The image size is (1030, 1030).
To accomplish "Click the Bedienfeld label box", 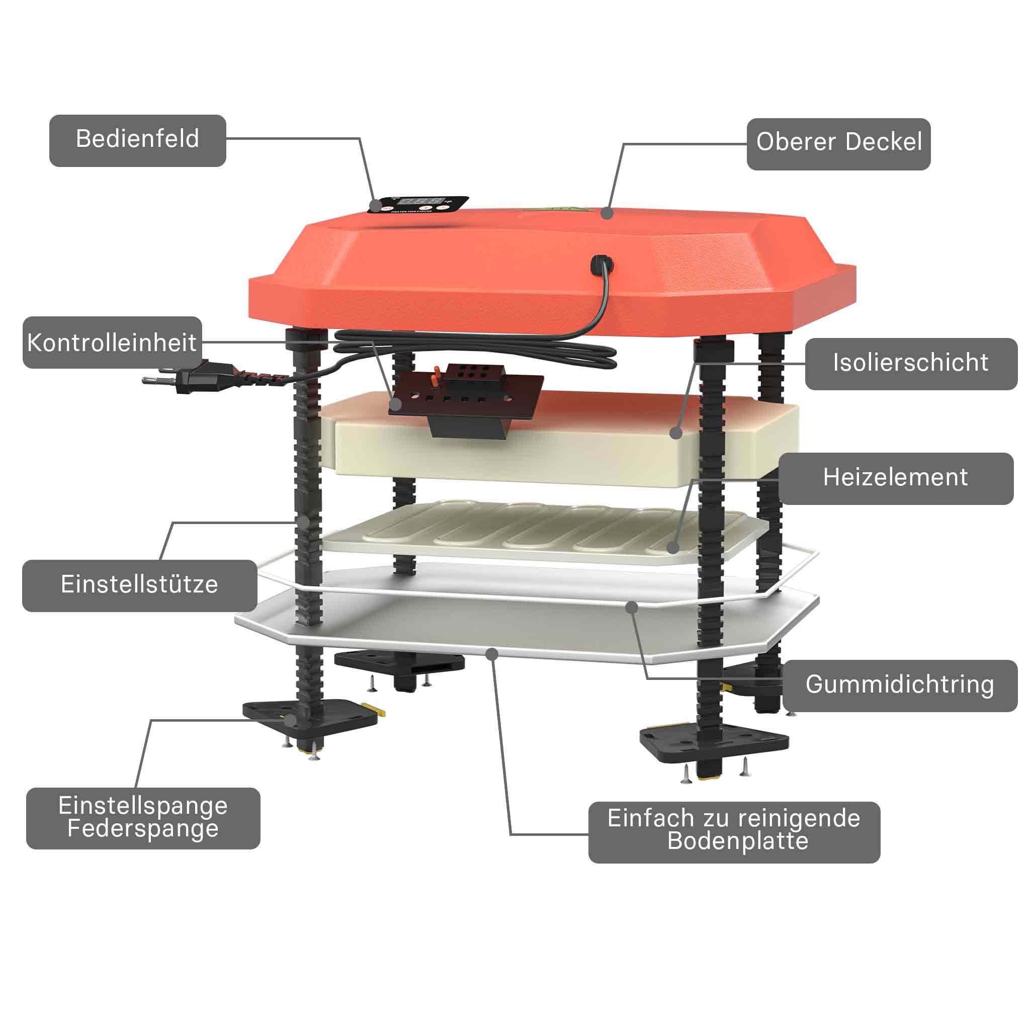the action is point(137,141).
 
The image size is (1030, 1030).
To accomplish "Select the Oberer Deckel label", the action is point(838,144).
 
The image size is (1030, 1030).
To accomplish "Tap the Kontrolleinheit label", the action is point(112,342).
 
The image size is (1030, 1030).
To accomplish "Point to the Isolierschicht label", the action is point(911,364).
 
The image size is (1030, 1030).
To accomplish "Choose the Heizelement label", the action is point(896,478).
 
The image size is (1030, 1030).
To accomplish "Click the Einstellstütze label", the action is point(139,585).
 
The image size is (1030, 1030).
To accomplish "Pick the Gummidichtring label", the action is point(900,685).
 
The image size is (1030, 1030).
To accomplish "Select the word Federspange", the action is point(143,828).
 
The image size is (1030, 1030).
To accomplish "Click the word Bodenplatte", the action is point(738,841).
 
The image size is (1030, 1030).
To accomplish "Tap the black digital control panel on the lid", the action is point(419,204).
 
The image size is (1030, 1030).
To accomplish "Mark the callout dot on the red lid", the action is point(607,213).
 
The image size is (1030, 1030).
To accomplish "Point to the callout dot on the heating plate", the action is point(673,547).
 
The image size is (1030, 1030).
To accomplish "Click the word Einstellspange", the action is point(143,806).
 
